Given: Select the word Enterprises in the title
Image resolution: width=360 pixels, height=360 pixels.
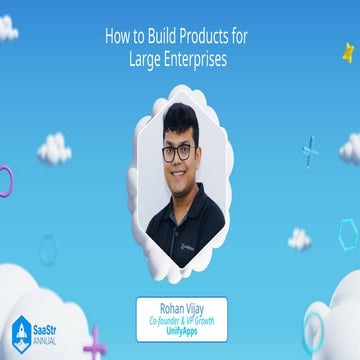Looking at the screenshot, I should (x=196, y=59).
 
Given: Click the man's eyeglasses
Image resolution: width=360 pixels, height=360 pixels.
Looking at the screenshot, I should (x=177, y=152).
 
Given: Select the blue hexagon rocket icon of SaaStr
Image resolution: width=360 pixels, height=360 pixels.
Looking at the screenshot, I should (x=21, y=334).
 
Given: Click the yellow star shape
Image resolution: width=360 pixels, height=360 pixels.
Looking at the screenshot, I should (x=348, y=51).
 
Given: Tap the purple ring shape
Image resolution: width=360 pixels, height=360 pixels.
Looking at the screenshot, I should (x=6, y=181).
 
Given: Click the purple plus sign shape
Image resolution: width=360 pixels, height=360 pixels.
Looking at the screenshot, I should (x=95, y=344).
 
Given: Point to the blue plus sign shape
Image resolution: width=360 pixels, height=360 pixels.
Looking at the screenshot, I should (x=310, y=151).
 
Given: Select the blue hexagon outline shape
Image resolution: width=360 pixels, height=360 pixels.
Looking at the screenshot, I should (x=347, y=234).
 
